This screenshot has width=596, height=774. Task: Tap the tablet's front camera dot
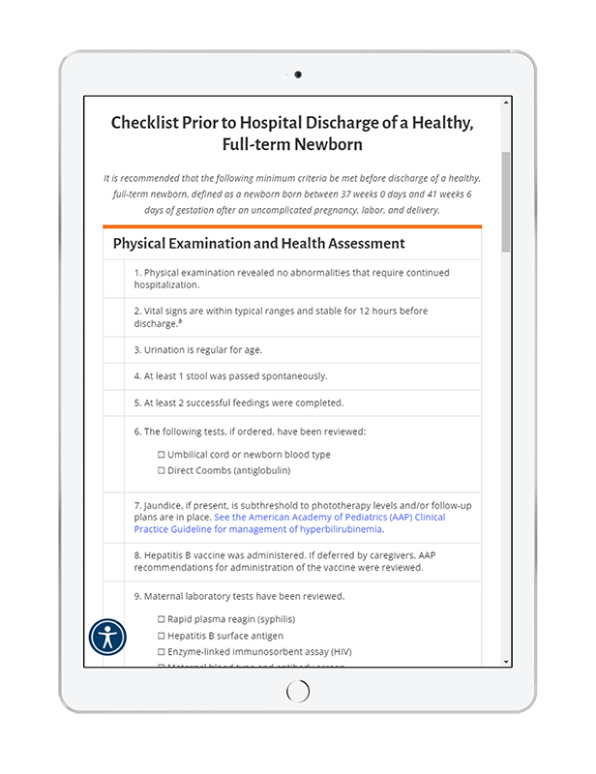pyautogui.click(x=298, y=74)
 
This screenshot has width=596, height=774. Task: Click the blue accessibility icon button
pyautogui.click(x=107, y=636)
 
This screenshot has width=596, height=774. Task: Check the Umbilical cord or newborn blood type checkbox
pyautogui.click(x=162, y=455)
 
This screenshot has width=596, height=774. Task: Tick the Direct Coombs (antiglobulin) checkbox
pyautogui.click(x=162, y=471)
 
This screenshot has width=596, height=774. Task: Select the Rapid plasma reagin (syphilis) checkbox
pyautogui.click(x=162, y=619)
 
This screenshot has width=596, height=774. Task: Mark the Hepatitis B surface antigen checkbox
pyautogui.click(x=162, y=636)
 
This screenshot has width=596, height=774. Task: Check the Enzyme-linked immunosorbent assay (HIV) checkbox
pyautogui.click(x=162, y=652)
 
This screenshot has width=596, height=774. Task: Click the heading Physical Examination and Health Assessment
pyautogui.click(x=258, y=244)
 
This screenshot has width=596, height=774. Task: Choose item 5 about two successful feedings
pyautogui.click(x=238, y=402)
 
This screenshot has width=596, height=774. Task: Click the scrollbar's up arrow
pyautogui.click(x=505, y=103)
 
